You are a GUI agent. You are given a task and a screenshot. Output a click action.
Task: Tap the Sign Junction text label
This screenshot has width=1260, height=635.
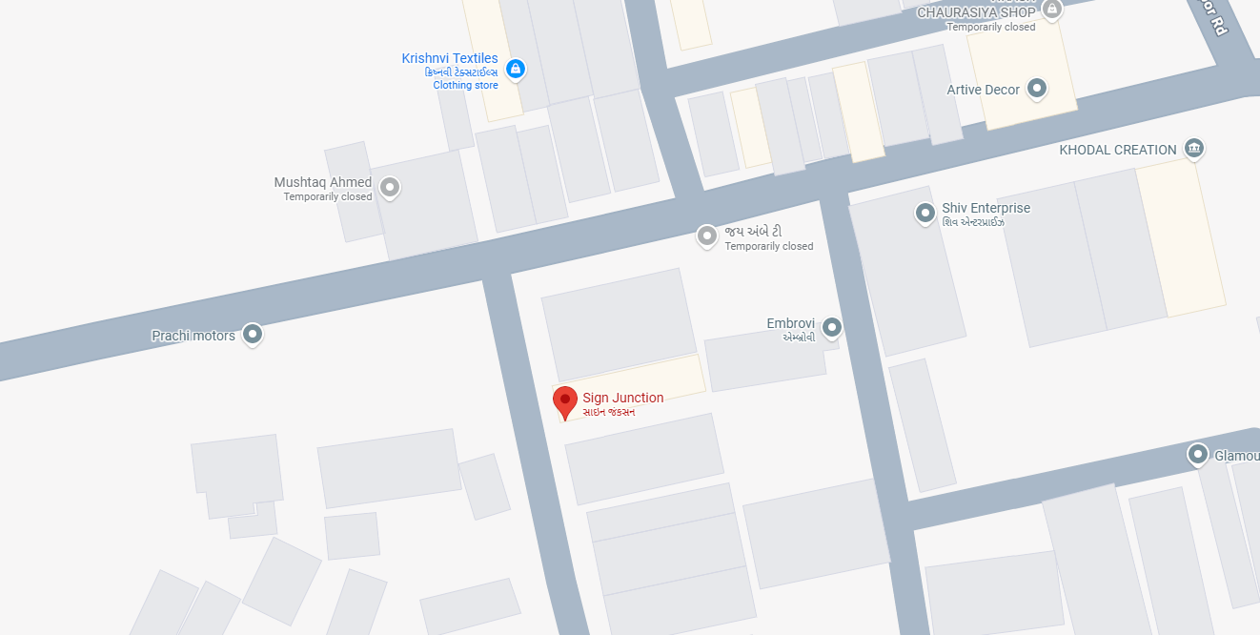623,398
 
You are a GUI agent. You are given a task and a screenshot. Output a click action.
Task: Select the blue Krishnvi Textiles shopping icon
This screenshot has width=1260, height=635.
516,68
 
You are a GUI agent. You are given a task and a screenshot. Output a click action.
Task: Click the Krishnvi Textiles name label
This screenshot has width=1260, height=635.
450,59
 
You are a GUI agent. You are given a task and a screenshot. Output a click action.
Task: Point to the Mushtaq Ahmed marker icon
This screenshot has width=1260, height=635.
389,187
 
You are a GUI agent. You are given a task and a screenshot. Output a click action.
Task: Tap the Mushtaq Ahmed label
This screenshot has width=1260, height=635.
323,182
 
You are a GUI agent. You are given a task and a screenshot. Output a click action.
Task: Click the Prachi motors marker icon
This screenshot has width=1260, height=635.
253,334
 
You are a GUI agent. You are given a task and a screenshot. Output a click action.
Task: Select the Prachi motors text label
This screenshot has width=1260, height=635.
193,336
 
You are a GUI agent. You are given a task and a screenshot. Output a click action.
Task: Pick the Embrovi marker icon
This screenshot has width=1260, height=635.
832,328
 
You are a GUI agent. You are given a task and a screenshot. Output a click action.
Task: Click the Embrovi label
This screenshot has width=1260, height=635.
791,324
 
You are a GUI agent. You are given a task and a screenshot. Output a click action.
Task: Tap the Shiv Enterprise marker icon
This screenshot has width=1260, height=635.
925,214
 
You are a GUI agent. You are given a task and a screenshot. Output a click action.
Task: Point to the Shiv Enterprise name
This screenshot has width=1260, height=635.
986,208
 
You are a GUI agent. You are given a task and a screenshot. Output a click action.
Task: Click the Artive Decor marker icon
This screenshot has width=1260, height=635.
1037,89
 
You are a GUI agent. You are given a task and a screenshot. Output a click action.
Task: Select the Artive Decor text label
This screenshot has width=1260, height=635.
983,90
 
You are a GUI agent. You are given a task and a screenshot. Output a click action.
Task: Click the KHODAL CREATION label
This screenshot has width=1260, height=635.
1118,150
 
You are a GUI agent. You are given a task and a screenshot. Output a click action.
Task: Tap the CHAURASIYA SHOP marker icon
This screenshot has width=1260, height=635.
1051,10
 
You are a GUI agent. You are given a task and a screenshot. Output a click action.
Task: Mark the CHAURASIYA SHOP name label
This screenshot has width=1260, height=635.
976,12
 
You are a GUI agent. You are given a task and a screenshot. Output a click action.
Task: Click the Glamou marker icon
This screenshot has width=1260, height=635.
1198,454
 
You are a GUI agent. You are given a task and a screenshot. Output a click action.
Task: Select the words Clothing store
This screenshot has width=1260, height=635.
466,85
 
